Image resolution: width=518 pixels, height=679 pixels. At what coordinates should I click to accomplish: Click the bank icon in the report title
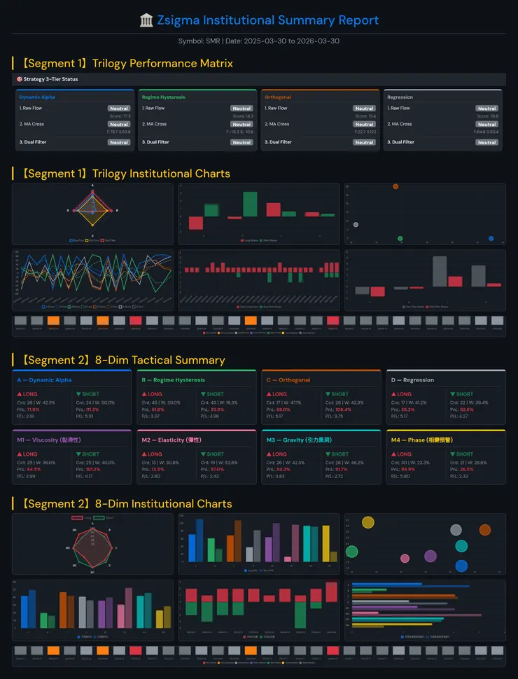click(146, 20)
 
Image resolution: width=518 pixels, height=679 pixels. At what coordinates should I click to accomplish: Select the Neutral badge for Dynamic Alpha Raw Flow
click(119, 108)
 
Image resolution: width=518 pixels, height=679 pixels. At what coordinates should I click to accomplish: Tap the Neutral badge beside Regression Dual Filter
click(486, 142)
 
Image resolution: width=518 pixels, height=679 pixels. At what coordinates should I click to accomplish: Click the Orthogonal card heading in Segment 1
click(278, 97)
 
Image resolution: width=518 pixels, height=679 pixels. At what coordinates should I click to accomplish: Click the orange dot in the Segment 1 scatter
click(395, 186)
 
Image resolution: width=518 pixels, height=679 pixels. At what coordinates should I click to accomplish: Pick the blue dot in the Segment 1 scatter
click(491, 239)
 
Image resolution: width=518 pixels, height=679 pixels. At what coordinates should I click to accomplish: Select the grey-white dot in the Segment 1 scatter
click(356, 225)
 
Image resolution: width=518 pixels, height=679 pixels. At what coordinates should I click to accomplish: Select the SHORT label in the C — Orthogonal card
click(339, 394)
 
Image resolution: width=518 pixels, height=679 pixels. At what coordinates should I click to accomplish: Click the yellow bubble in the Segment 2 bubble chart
click(368, 522)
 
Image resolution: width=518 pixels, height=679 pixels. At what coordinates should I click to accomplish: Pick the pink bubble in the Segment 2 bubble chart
click(405, 558)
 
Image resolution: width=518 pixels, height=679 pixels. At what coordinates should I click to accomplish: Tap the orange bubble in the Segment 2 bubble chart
click(484, 529)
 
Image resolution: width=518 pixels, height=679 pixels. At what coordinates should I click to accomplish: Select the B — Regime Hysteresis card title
click(174, 380)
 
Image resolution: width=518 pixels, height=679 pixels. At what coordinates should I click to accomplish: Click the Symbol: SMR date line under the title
click(259, 41)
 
